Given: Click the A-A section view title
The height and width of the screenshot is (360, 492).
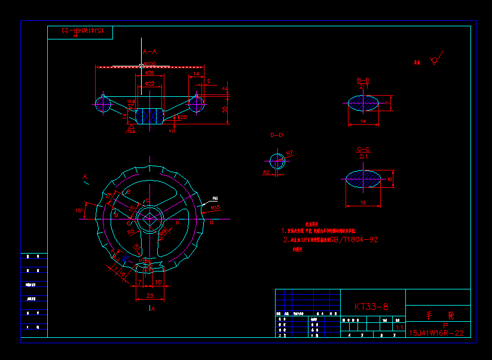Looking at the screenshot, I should point(149,52).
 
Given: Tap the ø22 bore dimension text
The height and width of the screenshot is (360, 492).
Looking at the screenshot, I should point(149,84).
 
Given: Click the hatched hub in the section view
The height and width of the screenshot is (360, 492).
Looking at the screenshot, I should point(149,116).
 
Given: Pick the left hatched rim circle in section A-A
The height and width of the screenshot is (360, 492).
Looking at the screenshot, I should point(103,104).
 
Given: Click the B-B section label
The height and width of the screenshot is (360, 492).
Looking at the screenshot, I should point(363,80).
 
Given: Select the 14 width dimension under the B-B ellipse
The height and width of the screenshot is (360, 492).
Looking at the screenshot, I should point(363,121).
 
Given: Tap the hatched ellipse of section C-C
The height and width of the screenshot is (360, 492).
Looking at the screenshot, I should point(363,179).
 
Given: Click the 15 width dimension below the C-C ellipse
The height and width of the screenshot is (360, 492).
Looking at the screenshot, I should point(363,203).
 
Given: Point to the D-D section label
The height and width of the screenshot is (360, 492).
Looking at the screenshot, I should point(277,135).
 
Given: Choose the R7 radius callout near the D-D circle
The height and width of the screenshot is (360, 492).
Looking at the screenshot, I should point(289,154).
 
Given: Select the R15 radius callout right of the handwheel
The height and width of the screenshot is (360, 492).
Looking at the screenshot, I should point(216,208).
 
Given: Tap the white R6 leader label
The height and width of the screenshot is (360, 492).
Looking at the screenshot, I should point(215,199).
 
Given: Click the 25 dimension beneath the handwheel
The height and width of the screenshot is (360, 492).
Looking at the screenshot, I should point(149,295).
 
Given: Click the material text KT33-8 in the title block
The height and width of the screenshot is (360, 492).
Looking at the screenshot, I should point(371,307).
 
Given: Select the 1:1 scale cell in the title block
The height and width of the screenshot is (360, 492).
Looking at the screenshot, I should point(398,328).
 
